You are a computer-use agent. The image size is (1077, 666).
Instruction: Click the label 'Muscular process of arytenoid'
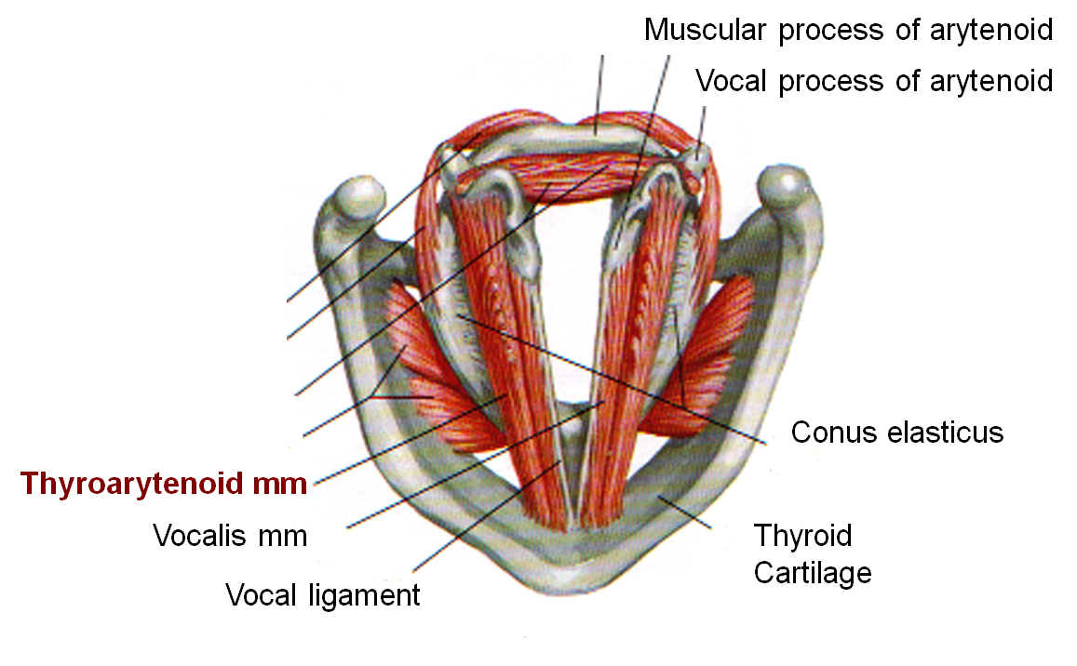point(848,30)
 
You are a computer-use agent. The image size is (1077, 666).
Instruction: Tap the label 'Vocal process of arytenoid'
point(874,81)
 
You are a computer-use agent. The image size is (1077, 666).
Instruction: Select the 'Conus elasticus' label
point(897,433)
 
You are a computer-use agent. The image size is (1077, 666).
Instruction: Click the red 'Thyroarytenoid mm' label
point(164,484)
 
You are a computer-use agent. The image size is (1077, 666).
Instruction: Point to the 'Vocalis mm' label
point(230,536)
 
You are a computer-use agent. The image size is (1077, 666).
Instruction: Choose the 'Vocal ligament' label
point(323,595)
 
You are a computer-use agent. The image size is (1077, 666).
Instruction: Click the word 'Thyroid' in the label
point(803,536)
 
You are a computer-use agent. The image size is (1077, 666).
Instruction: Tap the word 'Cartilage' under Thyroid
point(813,573)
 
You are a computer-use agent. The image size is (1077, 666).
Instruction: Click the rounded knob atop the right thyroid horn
point(785,185)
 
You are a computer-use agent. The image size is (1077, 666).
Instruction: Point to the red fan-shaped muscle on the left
point(439,371)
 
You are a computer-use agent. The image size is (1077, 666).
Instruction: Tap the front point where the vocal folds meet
point(574,526)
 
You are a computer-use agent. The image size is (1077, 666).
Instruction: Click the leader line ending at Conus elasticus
point(612,379)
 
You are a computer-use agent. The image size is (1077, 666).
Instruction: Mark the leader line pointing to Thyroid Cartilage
point(684,511)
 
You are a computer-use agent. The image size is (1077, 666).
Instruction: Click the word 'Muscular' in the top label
point(705,30)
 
